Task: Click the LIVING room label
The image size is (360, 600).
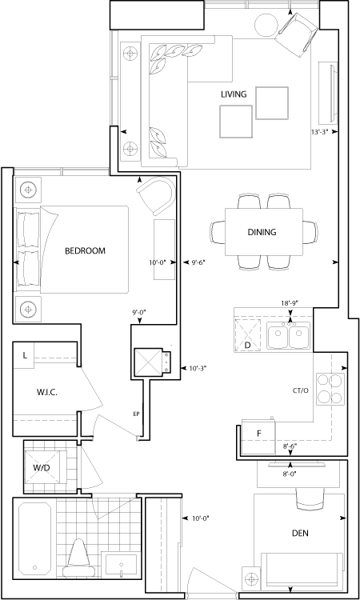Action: click(234, 94)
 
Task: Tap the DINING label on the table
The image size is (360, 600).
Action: click(262, 232)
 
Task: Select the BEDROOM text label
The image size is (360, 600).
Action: click(85, 251)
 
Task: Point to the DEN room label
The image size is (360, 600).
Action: click(300, 533)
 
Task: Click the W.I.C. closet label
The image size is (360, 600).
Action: click(47, 392)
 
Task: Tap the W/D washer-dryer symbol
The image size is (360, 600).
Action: click(42, 467)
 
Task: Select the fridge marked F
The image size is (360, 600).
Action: click(258, 437)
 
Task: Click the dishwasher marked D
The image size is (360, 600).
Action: click(247, 334)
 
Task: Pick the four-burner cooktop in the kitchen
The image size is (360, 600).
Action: click(330, 389)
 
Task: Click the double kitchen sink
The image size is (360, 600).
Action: click(289, 335)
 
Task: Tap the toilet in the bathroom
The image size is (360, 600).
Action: click(78, 558)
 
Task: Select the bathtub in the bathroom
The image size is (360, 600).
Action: click(35, 538)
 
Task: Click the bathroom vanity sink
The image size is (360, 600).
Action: click(121, 565)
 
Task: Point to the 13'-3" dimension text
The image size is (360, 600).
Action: click(321, 132)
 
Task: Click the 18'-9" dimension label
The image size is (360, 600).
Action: click(290, 302)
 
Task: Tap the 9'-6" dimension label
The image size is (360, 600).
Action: click(198, 262)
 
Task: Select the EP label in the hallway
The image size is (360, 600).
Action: click(136, 414)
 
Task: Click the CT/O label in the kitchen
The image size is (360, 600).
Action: click(300, 390)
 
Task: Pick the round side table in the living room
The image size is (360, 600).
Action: click(266, 25)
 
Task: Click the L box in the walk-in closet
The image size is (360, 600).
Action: click(25, 355)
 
